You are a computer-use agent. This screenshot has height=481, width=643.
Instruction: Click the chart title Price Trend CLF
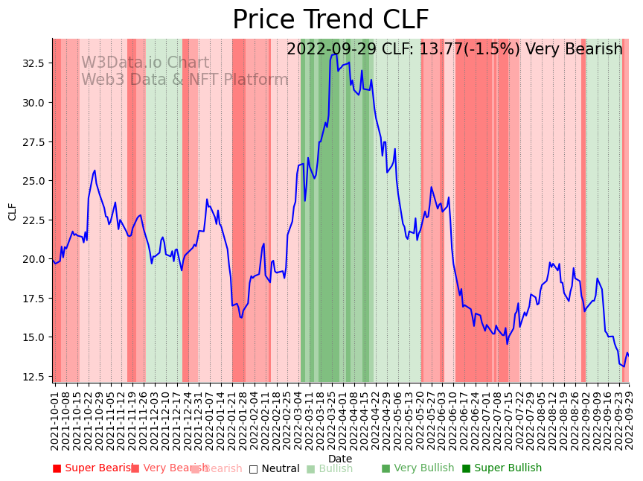coord(330,20)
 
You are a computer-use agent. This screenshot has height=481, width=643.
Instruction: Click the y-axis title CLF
coord(13,211)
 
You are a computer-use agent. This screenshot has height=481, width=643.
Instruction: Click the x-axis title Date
coord(340,459)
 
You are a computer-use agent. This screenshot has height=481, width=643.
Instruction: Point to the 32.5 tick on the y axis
coord(33,63)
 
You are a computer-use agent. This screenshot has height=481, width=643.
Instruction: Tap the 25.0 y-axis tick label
coord(33,181)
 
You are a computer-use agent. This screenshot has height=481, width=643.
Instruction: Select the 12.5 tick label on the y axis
coord(33,376)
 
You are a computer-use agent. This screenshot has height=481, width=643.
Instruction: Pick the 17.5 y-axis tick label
coord(33,298)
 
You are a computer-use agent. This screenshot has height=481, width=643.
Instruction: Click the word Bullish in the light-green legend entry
coord(336,468)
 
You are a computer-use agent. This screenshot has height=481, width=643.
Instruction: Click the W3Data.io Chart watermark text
coord(145,63)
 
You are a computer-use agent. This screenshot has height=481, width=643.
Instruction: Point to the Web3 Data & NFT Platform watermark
coord(185,80)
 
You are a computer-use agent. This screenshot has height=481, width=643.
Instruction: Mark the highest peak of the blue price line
coord(336,54)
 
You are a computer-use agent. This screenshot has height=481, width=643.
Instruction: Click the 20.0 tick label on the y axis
coord(33,259)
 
